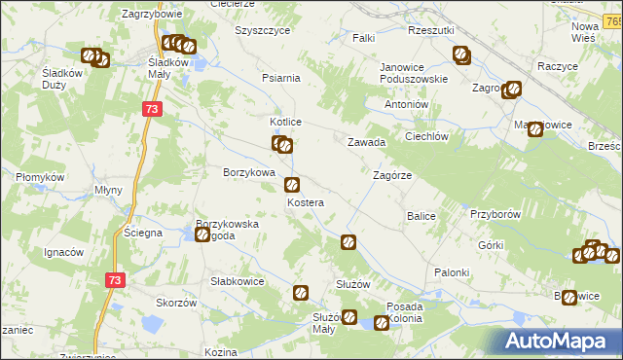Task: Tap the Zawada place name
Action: point(367,142)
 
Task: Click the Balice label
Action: point(421,215)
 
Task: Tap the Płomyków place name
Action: point(40,178)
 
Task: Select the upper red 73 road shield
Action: point(150,110)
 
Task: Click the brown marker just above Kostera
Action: point(291,185)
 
